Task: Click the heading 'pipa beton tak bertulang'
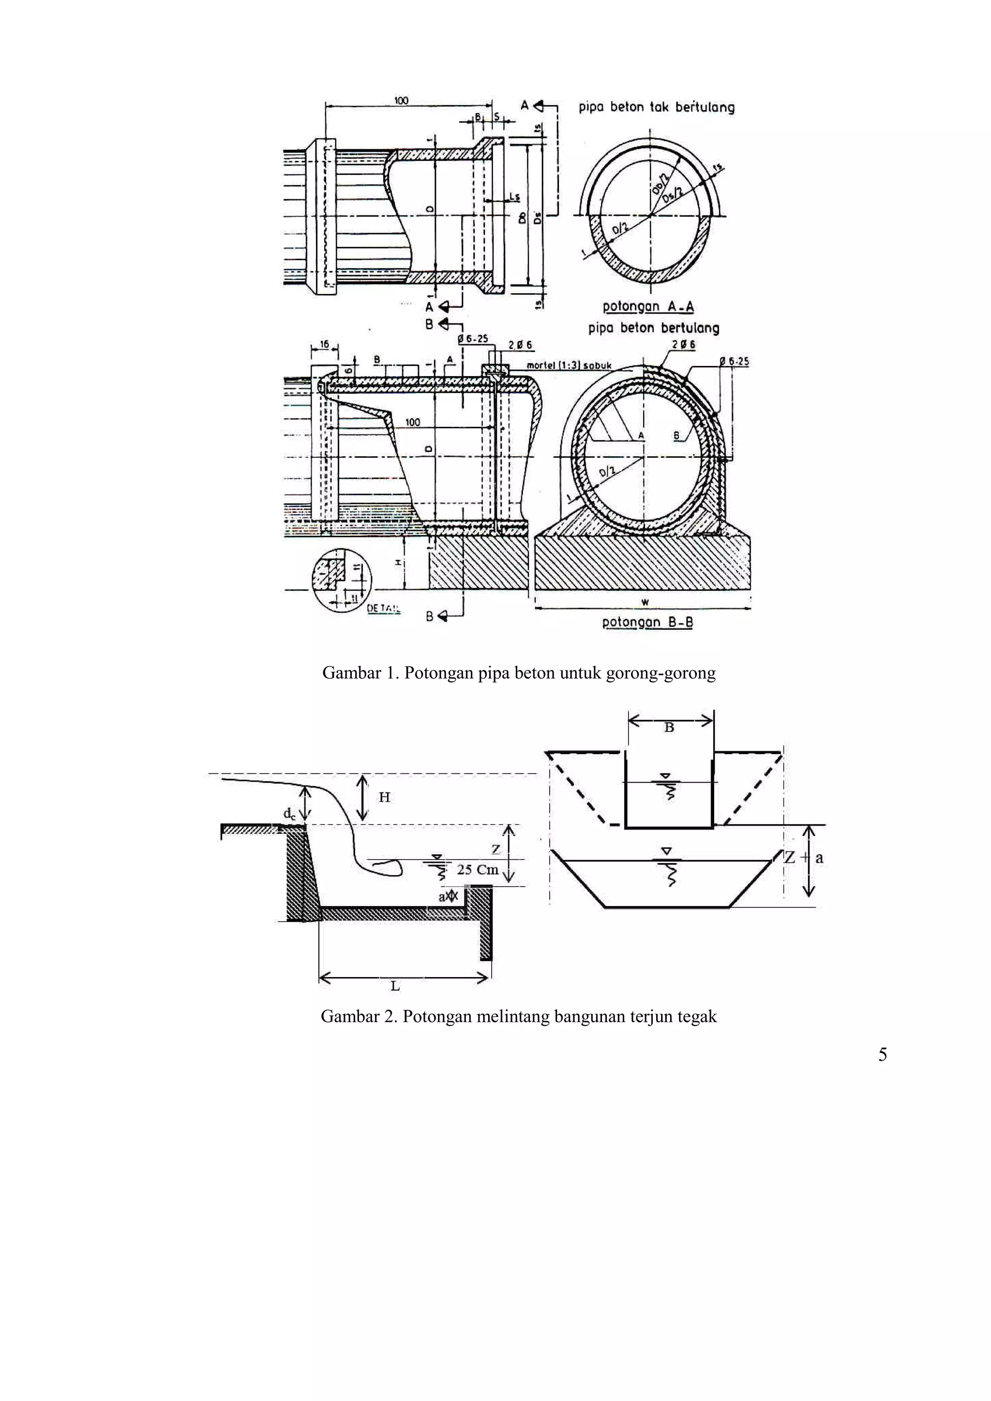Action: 657,107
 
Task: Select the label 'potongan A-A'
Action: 648,306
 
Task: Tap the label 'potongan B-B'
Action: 647,622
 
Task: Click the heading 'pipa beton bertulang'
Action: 653,328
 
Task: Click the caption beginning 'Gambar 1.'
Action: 518,673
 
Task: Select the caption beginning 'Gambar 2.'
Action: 518,1017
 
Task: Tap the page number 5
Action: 882,1054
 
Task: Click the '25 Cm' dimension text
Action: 478,870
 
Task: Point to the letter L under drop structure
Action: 395,985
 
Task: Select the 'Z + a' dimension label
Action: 804,857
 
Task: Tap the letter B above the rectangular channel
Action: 669,728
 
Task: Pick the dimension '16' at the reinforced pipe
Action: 324,345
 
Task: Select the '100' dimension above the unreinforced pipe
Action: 401,101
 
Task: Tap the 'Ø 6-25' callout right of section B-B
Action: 734,361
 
